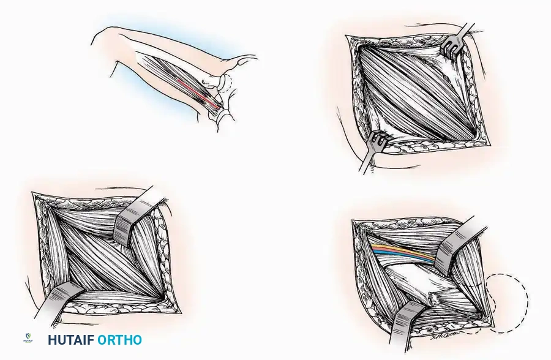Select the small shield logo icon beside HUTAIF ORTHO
click(28, 338)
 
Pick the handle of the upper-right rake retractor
click(467, 30)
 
